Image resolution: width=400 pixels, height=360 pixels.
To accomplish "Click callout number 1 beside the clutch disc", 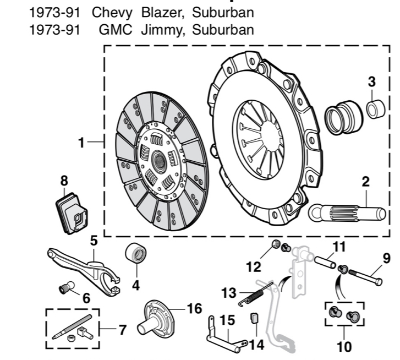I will pyautogui.click(x=81, y=143).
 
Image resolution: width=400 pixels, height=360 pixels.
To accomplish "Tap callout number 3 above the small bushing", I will pyautogui.click(x=371, y=81).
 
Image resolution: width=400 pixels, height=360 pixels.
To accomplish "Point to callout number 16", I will pyautogui.click(x=194, y=309).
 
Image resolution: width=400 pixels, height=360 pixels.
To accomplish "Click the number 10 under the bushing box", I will pyautogui.click(x=344, y=347).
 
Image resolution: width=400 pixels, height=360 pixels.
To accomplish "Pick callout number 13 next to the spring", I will pyautogui.click(x=229, y=292).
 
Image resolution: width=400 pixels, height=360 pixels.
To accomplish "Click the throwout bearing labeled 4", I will pyautogui.click(x=136, y=254).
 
